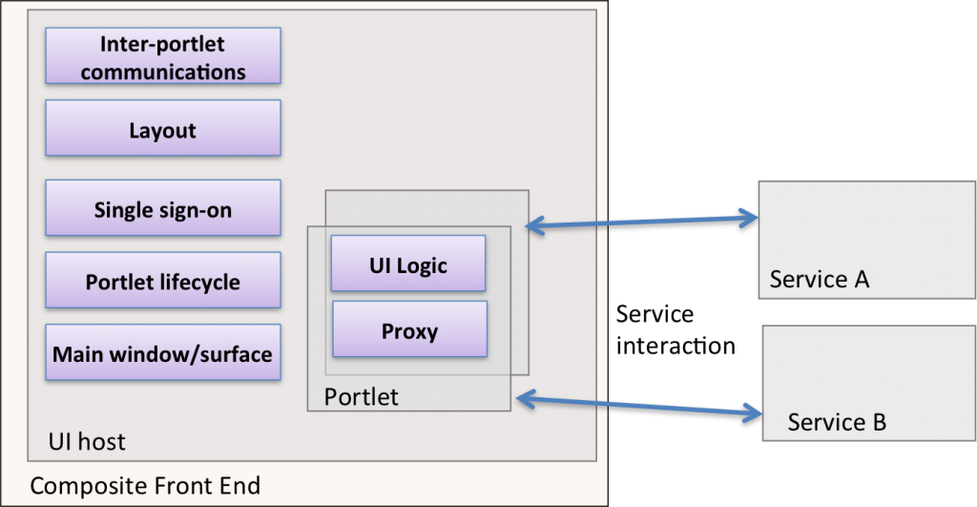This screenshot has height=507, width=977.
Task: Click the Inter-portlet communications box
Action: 163,55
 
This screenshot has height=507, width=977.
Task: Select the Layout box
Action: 163,128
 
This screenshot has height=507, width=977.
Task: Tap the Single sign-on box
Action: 163,207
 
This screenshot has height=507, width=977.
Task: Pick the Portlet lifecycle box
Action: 163,280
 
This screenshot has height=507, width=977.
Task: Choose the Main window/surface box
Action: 163,352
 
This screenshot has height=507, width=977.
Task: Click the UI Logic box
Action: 408,264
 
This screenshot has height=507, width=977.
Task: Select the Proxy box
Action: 410,329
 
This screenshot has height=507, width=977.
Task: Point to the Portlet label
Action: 362,396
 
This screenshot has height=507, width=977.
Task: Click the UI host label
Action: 87,441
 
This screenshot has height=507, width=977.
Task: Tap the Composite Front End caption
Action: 145,486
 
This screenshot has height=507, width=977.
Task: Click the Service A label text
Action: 820,279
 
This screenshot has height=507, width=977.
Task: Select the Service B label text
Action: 837,422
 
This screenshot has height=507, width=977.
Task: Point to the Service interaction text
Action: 676,329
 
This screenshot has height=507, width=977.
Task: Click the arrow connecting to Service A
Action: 642,222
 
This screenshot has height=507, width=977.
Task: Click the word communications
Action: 163,73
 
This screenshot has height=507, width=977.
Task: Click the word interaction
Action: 676,346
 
